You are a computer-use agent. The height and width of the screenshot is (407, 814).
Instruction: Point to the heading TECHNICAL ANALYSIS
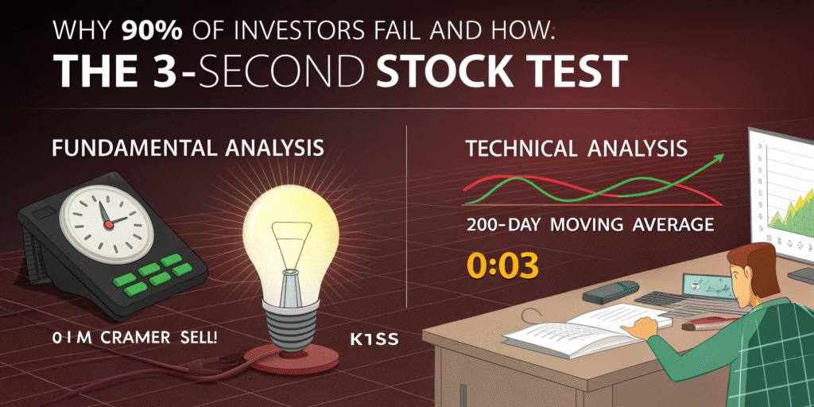tap(577, 149)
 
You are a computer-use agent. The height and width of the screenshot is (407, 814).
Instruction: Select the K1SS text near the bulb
tap(374, 339)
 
